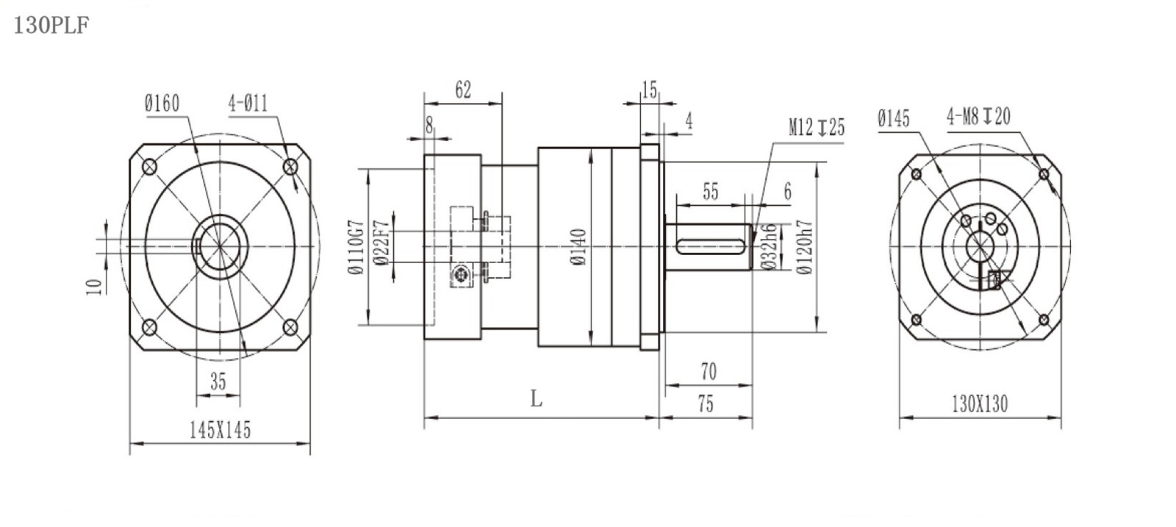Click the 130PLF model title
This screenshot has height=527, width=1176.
[51, 25]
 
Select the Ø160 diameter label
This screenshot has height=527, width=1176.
[162, 104]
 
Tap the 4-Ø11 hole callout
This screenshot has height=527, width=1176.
[248, 104]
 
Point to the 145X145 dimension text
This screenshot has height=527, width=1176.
[220, 431]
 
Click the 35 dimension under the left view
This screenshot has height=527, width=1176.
[218, 381]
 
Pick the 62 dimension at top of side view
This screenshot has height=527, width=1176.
[463, 90]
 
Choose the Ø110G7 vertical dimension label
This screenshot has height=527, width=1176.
[356, 247]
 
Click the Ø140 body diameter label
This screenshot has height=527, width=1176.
[578, 247]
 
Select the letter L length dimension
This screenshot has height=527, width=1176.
[536, 399]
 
